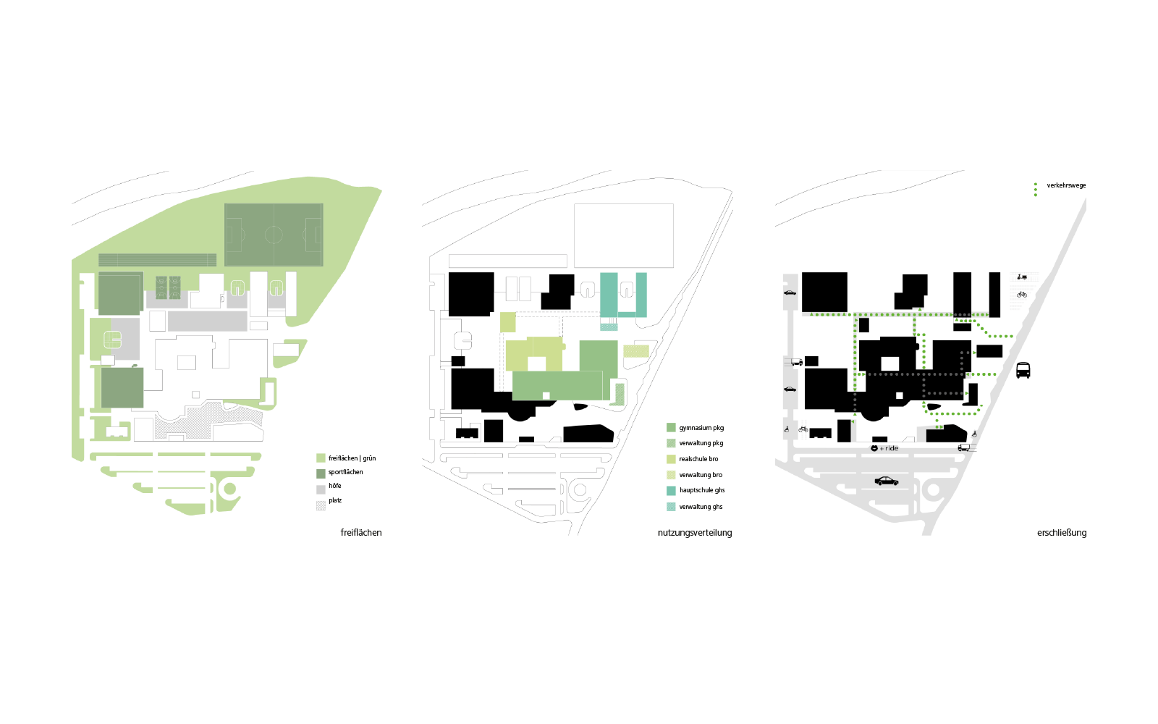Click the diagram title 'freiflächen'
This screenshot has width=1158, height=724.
tap(361, 533)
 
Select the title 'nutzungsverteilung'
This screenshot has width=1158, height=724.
tap(695, 533)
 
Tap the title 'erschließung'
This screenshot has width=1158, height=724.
tap(1062, 533)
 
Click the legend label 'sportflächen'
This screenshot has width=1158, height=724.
tap(346, 472)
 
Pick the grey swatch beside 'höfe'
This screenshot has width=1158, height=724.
tap(321, 489)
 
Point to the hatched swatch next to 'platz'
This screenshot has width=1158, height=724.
tap(321, 505)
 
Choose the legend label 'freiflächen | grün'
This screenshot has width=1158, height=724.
tap(352, 458)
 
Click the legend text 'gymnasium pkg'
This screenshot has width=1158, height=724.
tap(701, 428)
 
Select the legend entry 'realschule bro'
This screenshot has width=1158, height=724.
tap(698, 459)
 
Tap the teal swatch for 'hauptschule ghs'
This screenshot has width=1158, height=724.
tap(671, 491)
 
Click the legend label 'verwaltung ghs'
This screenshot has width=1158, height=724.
tap(701, 507)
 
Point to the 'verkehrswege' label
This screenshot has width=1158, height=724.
tap(1066, 185)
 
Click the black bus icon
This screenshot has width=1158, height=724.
tap(1023, 371)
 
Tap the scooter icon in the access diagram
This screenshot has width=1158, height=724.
tap(1021, 277)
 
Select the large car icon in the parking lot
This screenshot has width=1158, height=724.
tap(887, 481)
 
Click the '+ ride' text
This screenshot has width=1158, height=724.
tap(889, 449)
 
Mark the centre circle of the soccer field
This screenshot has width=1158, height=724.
tap(274, 235)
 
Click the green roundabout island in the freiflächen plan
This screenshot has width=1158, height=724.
tap(230, 489)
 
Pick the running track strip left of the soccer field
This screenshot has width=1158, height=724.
tap(157, 260)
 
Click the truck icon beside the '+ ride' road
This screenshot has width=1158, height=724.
tap(963, 448)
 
